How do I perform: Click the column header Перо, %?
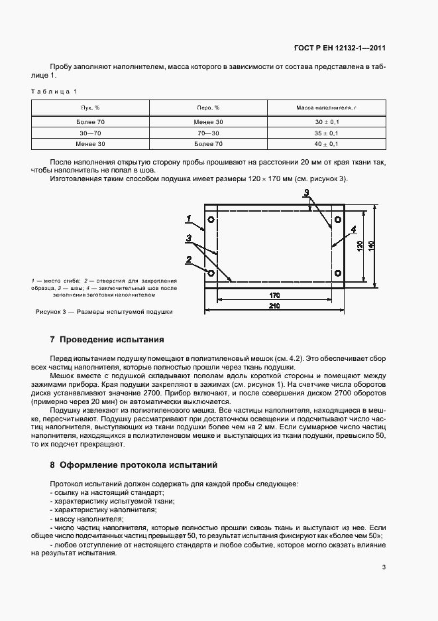pyautogui.click(x=209, y=107)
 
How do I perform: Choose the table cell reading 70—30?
pyautogui.click(x=209, y=133)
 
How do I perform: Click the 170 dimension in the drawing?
pyautogui.click(x=274, y=294)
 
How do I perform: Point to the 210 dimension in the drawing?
pyautogui.click(x=274, y=306)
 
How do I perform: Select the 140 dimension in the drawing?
pyautogui.click(x=374, y=245)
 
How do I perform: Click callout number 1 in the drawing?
pyautogui.click(x=190, y=218)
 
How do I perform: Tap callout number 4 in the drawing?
pyautogui.click(x=353, y=230)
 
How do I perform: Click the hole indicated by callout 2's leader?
pyautogui.click(x=211, y=273)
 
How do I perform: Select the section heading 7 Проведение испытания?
pyautogui.click(x=107, y=340)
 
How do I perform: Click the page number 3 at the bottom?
pyautogui.click(x=384, y=567)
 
